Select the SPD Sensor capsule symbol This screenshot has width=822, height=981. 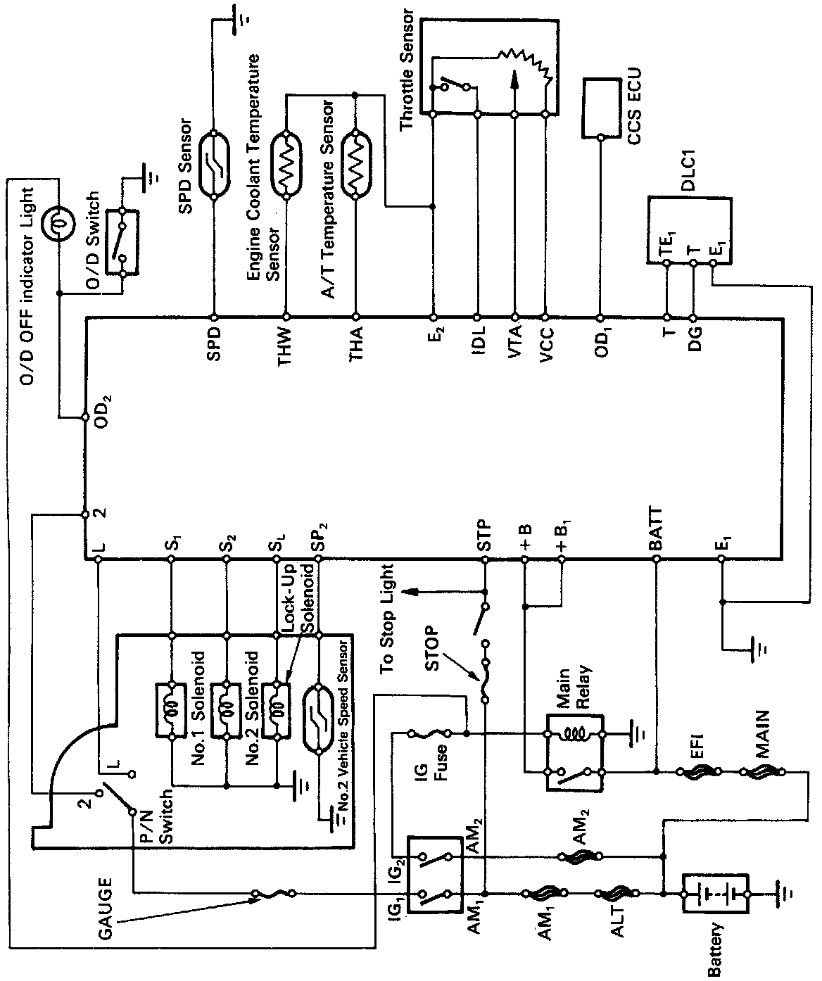pyautogui.click(x=214, y=165)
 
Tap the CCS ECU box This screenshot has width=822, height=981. pyautogui.click(x=602, y=108)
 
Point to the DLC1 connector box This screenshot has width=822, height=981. pyautogui.click(x=690, y=231)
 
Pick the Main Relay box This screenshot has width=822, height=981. pyautogui.click(x=574, y=753)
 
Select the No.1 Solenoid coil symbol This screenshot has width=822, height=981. pyautogui.click(x=172, y=710)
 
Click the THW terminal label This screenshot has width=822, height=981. pyautogui.click(x=284, y=347)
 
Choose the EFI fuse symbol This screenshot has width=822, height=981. pyautogui.click(x=698, y=772)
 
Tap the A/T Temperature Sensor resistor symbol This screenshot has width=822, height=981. pyautogui.click(x=356, y=165)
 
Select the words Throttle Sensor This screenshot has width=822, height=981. pyautogui.click(x=406, y=70)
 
